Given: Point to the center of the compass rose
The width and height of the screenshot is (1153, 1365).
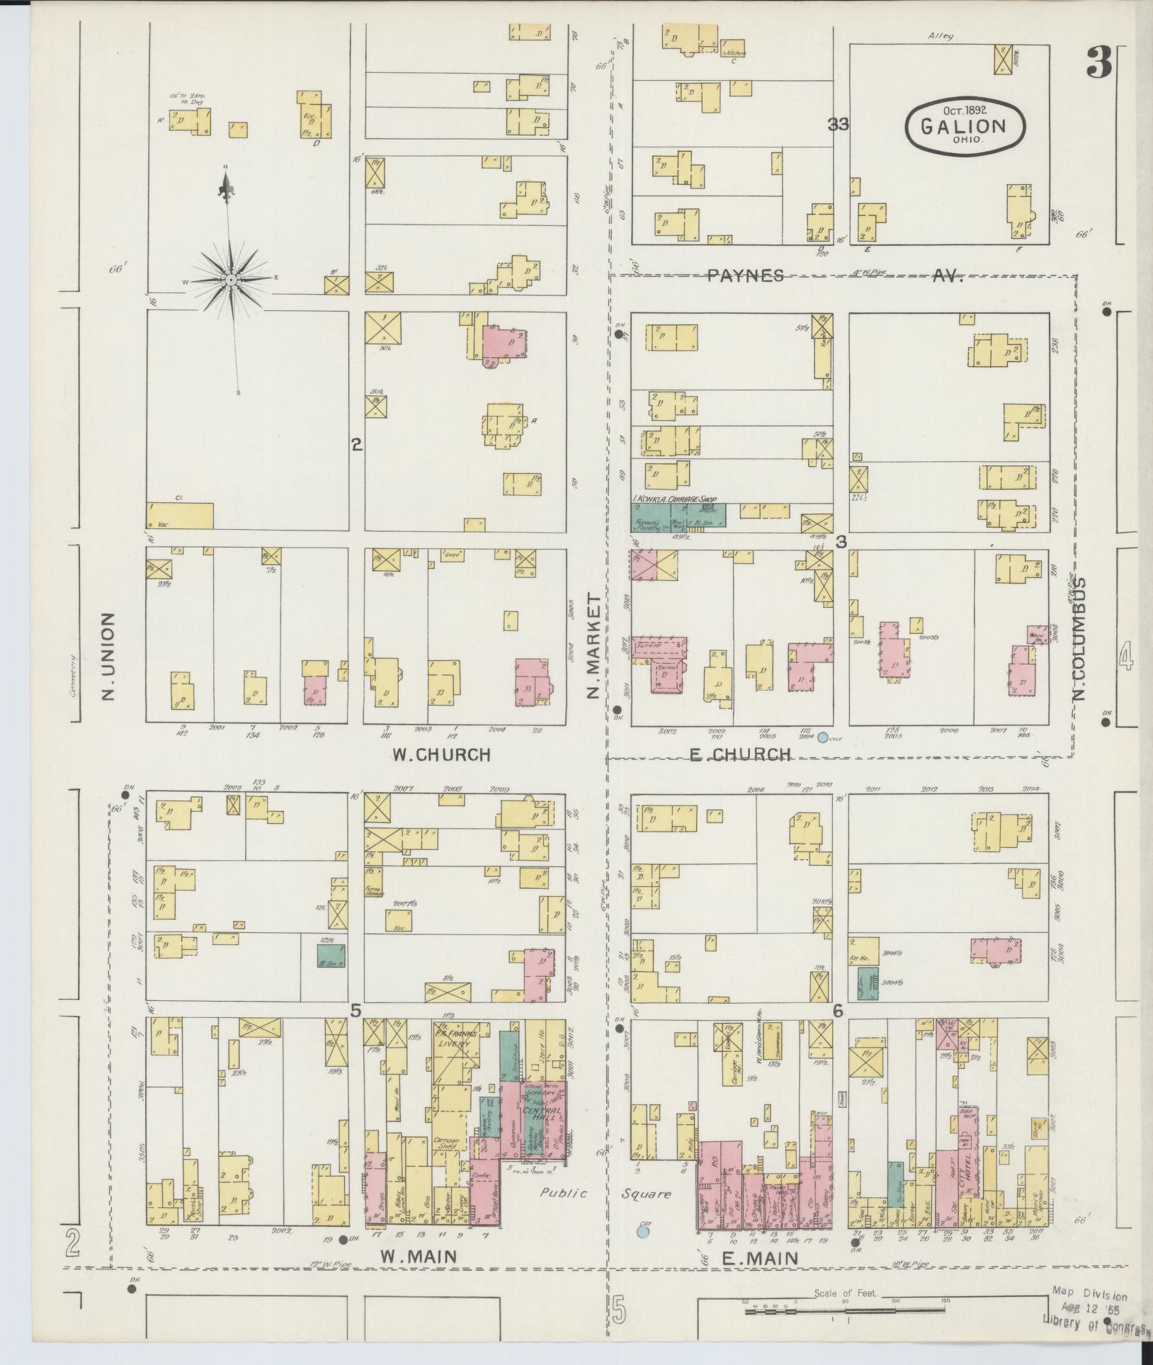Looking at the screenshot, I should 230,281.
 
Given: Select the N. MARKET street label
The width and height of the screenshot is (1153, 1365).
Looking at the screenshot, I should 593,646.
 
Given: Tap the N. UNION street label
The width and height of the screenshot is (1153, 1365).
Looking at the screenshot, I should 107,655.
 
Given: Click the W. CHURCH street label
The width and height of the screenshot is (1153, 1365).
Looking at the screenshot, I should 441,754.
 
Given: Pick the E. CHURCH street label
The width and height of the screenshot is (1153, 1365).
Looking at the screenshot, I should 739,754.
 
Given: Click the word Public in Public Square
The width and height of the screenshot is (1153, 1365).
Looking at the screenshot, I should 564,1193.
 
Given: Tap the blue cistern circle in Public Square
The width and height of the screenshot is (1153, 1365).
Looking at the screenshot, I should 643,1231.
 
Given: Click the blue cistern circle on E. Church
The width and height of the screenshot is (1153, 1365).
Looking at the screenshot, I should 822,737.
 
